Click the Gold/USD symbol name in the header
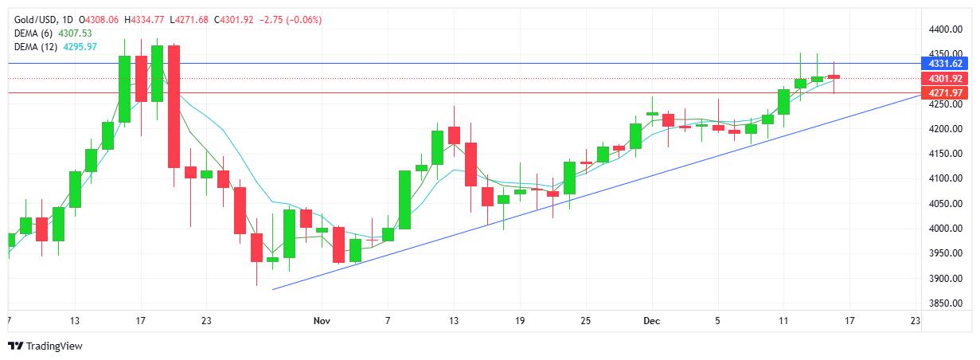[33, 19]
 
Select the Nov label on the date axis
[322, 320]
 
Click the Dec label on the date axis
[651, 320]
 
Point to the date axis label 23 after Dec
[915, 320]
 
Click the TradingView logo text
[54, 346]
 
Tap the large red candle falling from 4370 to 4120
[174, 106]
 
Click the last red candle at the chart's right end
[834, 76]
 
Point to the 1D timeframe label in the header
[68, 19]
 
